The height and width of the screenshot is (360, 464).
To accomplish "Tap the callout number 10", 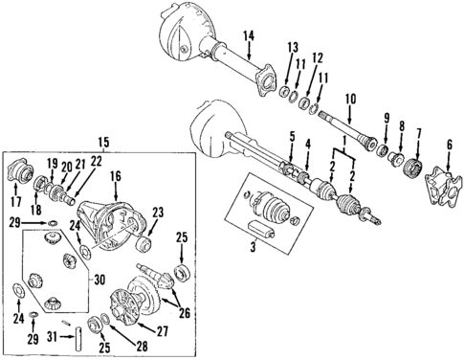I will coord(349,98).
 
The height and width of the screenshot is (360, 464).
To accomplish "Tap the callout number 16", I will coord(115,177).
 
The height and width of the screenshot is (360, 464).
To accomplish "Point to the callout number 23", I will coord(159,213).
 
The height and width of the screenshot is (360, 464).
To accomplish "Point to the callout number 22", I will coord(97,162).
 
